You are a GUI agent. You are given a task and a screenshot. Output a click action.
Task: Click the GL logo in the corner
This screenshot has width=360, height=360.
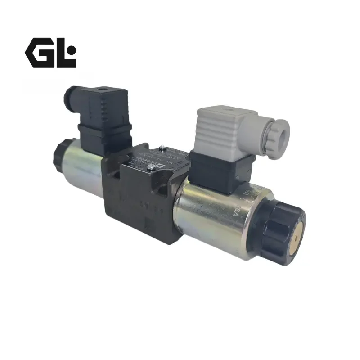point(50,53)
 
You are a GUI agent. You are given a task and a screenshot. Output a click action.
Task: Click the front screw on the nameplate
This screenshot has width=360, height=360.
point(156,167)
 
